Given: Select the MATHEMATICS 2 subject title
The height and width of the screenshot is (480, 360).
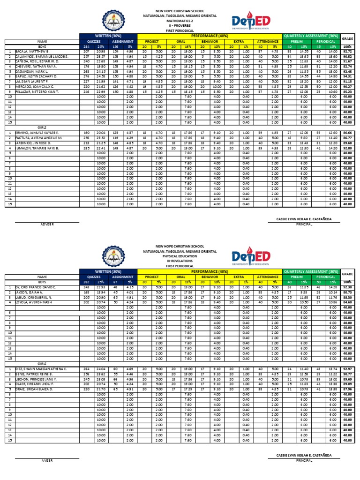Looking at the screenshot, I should (x=180, y=20).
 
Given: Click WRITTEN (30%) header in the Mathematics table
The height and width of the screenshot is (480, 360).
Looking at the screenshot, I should (x=108, y=36).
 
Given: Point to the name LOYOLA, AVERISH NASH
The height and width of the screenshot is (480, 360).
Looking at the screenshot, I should (x=31, y=302).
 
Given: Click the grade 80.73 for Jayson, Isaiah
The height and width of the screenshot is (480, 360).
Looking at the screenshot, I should (x=347, y=292).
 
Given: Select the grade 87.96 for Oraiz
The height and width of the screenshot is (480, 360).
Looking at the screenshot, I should (x=347, y=389).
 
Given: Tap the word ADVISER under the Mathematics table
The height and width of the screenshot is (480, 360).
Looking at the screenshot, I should (x=47, y=224).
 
